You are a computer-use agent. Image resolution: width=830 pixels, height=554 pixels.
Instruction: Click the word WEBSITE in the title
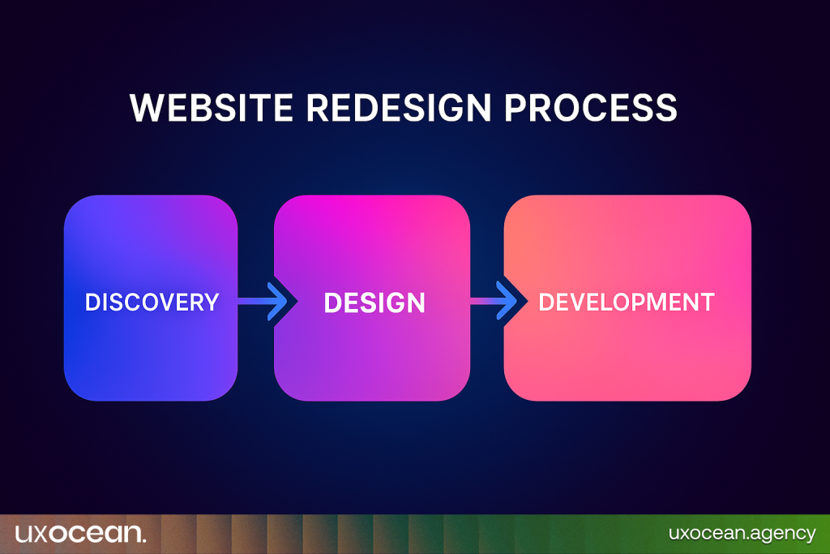coord(212,108)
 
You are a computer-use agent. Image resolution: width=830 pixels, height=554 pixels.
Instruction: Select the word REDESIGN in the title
coord(399,108)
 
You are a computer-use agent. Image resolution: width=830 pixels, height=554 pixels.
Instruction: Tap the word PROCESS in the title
coord(591,108)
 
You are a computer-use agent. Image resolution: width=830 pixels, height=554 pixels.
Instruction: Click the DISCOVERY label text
coord(152,303)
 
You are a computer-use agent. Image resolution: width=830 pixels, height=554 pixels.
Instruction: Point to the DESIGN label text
coord(374,303)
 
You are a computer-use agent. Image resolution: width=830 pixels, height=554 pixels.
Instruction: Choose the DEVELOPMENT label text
coord(627,303)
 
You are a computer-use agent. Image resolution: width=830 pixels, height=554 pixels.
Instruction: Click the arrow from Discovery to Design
coord(263,302)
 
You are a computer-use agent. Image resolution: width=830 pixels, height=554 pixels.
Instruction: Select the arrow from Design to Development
coord(494,301)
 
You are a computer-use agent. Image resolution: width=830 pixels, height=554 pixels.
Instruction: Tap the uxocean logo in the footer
coord(80,533)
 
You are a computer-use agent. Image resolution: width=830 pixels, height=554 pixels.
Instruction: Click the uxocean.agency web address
coord(742,534)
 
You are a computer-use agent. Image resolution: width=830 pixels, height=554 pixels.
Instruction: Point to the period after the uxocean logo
coord(143,540)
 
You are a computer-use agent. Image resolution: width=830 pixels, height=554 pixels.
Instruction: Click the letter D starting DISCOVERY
coord(92,303)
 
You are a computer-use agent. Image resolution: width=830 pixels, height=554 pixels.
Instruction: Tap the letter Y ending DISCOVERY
coord(212,303)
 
